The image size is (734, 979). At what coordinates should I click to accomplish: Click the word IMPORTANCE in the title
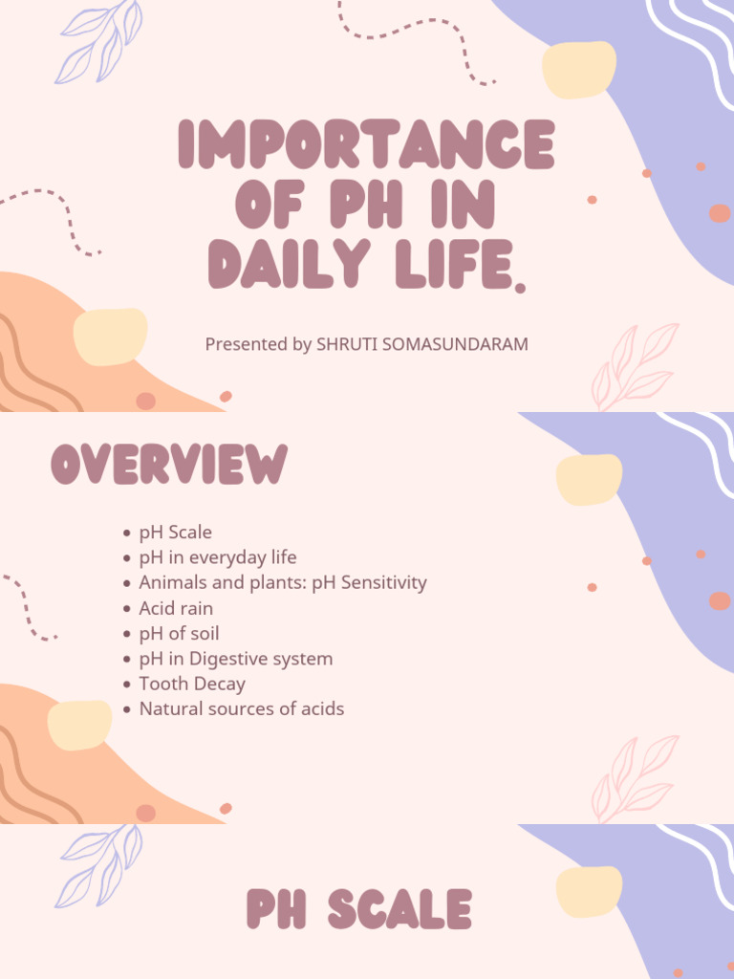[366, 146]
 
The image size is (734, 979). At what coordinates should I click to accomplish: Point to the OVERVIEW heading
[169, 465]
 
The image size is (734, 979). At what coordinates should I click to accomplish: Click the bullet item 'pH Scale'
[176, 532]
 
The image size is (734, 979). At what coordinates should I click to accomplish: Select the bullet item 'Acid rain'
[176, 608]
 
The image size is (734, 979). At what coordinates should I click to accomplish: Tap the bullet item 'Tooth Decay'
[192, 684]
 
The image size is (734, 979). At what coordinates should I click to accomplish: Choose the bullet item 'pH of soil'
[179, 633]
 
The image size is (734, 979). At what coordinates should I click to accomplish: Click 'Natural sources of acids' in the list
[242, 709]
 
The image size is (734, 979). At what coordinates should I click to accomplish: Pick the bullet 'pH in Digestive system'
[236, 659]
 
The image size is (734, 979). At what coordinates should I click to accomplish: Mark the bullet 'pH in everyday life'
[218, 557]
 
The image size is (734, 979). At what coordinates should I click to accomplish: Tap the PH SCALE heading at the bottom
[359, 909]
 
